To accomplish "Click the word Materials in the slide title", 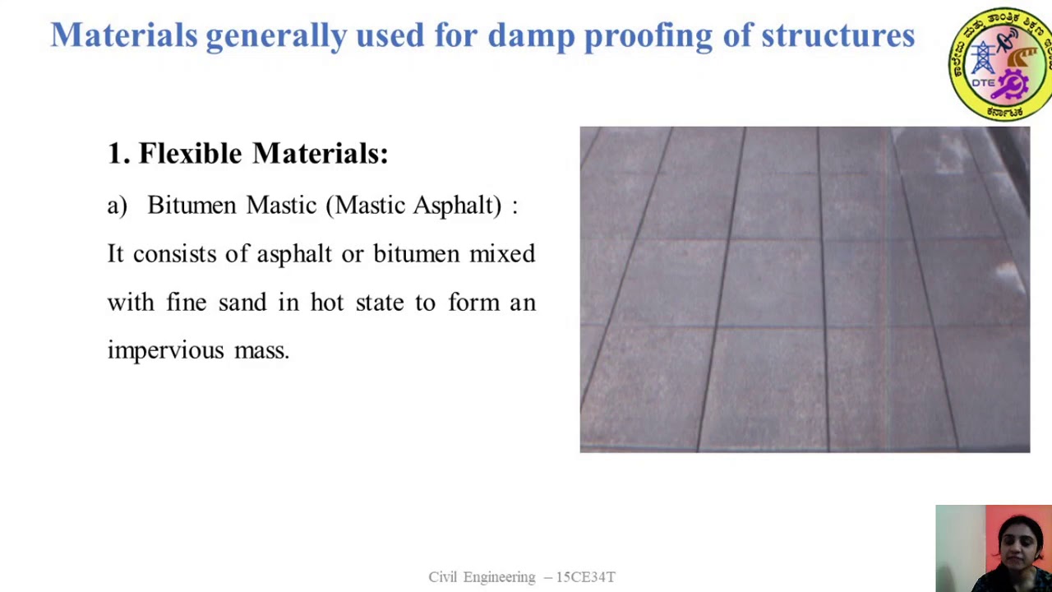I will coord(123,35).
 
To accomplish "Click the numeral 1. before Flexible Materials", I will coord(118,153).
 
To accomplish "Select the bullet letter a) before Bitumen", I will coord(117,206).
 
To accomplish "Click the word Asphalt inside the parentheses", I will coord(451,206).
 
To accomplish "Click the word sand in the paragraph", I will coord(242,303).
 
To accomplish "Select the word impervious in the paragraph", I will coord(165,351).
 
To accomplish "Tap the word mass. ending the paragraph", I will coord(261,351).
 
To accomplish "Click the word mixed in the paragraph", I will coord(502,254).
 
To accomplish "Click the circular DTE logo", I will coord(999,64).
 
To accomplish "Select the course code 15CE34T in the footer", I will coord(586,577).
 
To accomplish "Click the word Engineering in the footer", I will coord(499,577).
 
